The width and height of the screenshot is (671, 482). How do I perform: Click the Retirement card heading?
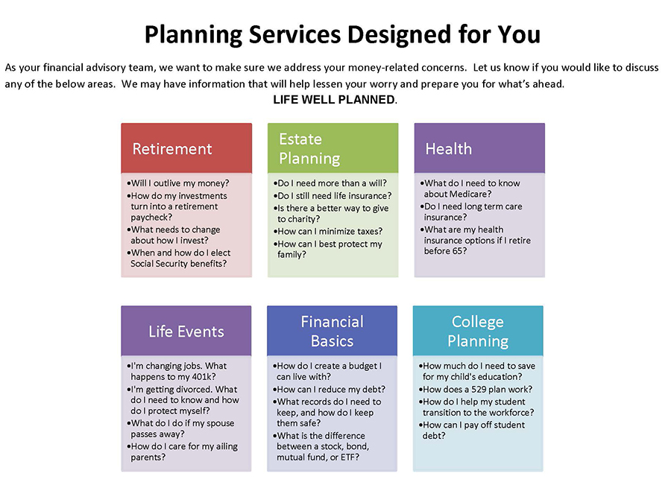(x=172, y=149)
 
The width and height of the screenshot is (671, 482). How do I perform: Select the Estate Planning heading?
(x=309, y=148)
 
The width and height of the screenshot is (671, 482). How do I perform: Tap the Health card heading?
(x=449, y=149)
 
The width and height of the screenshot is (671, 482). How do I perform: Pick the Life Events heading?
(x=186, y=332)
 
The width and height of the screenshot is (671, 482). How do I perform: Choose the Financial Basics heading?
(x=332, y=331)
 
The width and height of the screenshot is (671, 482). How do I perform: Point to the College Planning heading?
(x=478, y=331)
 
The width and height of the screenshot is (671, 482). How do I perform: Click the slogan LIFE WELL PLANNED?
(x=335, y=100)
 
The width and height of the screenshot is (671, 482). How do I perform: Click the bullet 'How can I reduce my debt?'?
(x=329, y=389)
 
